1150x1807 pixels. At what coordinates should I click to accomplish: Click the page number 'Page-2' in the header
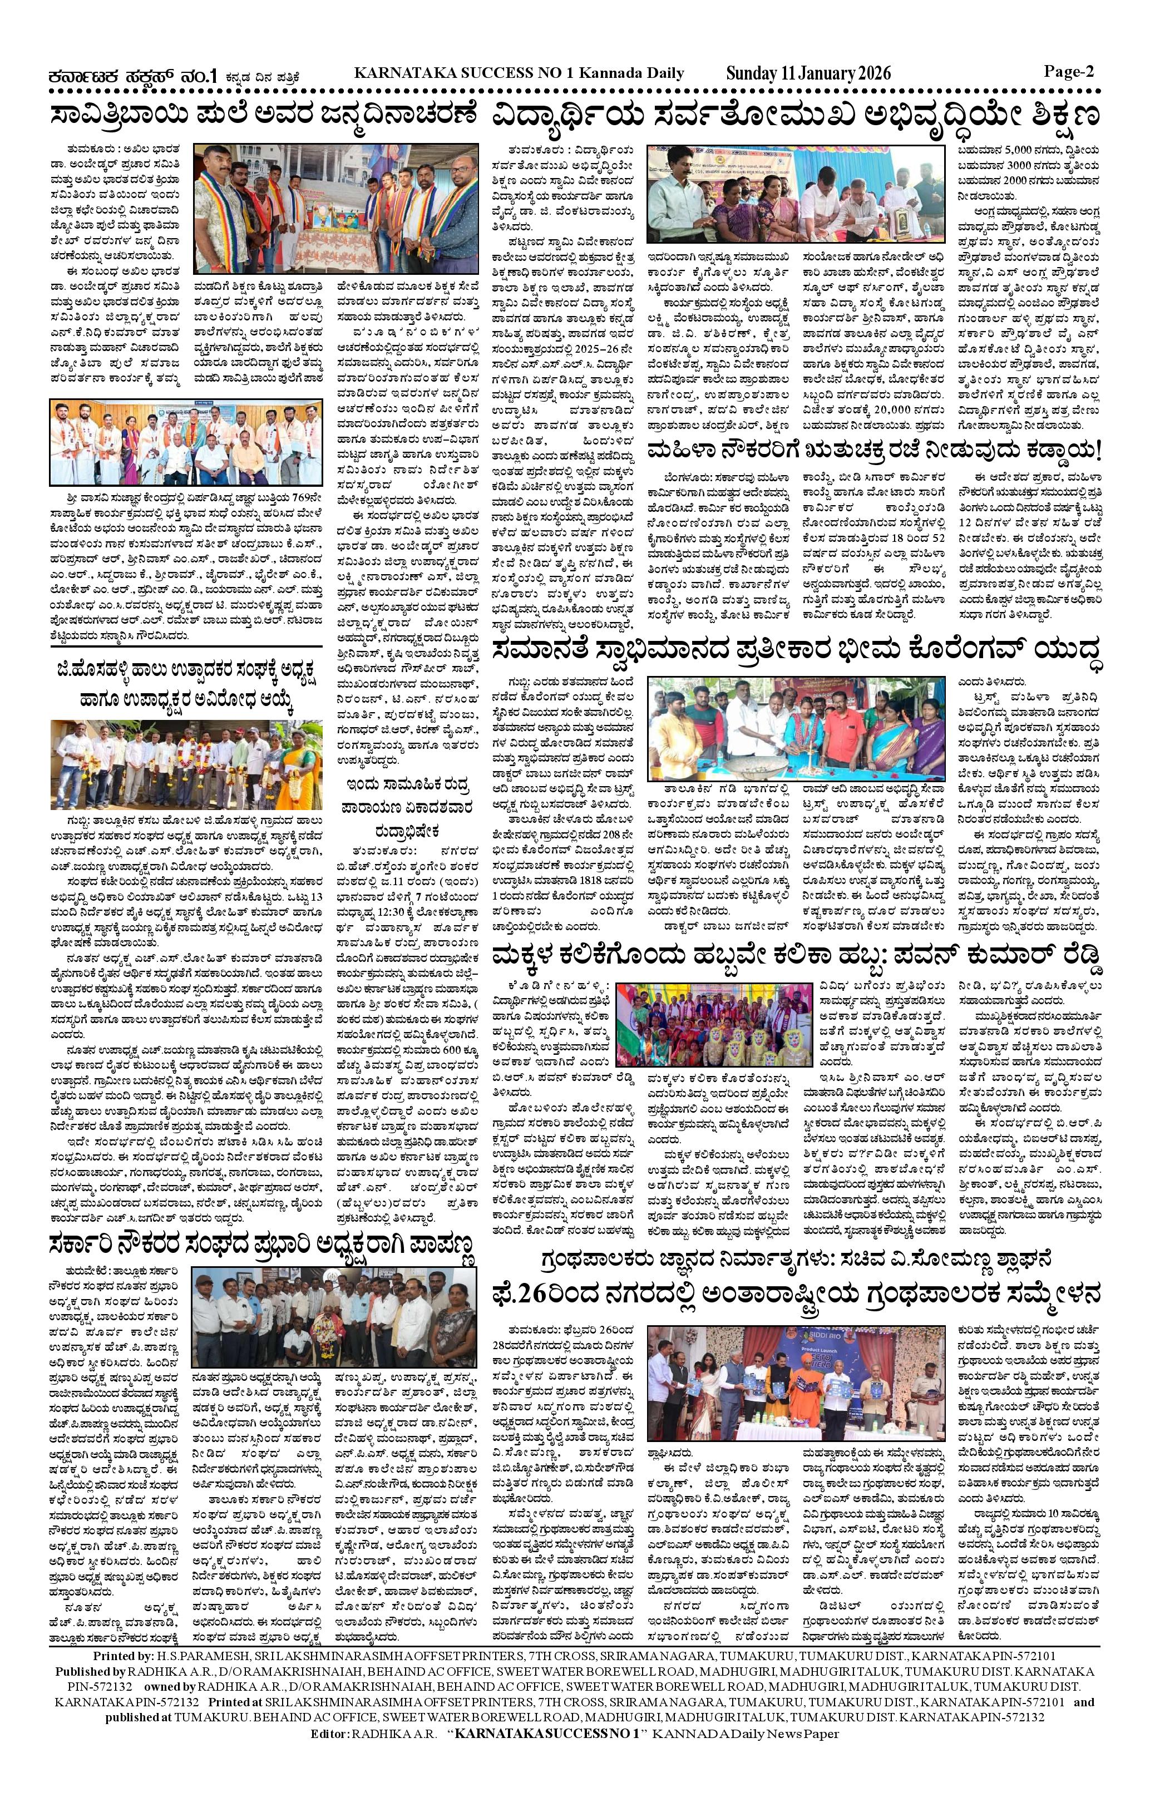coord(1068,72)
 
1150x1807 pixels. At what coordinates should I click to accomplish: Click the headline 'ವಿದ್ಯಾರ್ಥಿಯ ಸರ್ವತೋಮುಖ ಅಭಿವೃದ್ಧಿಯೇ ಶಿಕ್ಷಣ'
coord(796,116)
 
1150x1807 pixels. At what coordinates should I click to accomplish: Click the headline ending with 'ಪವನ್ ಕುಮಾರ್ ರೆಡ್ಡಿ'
coord(796,956)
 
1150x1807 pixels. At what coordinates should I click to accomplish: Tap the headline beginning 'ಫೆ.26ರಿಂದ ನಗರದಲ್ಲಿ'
coord(796,1295)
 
